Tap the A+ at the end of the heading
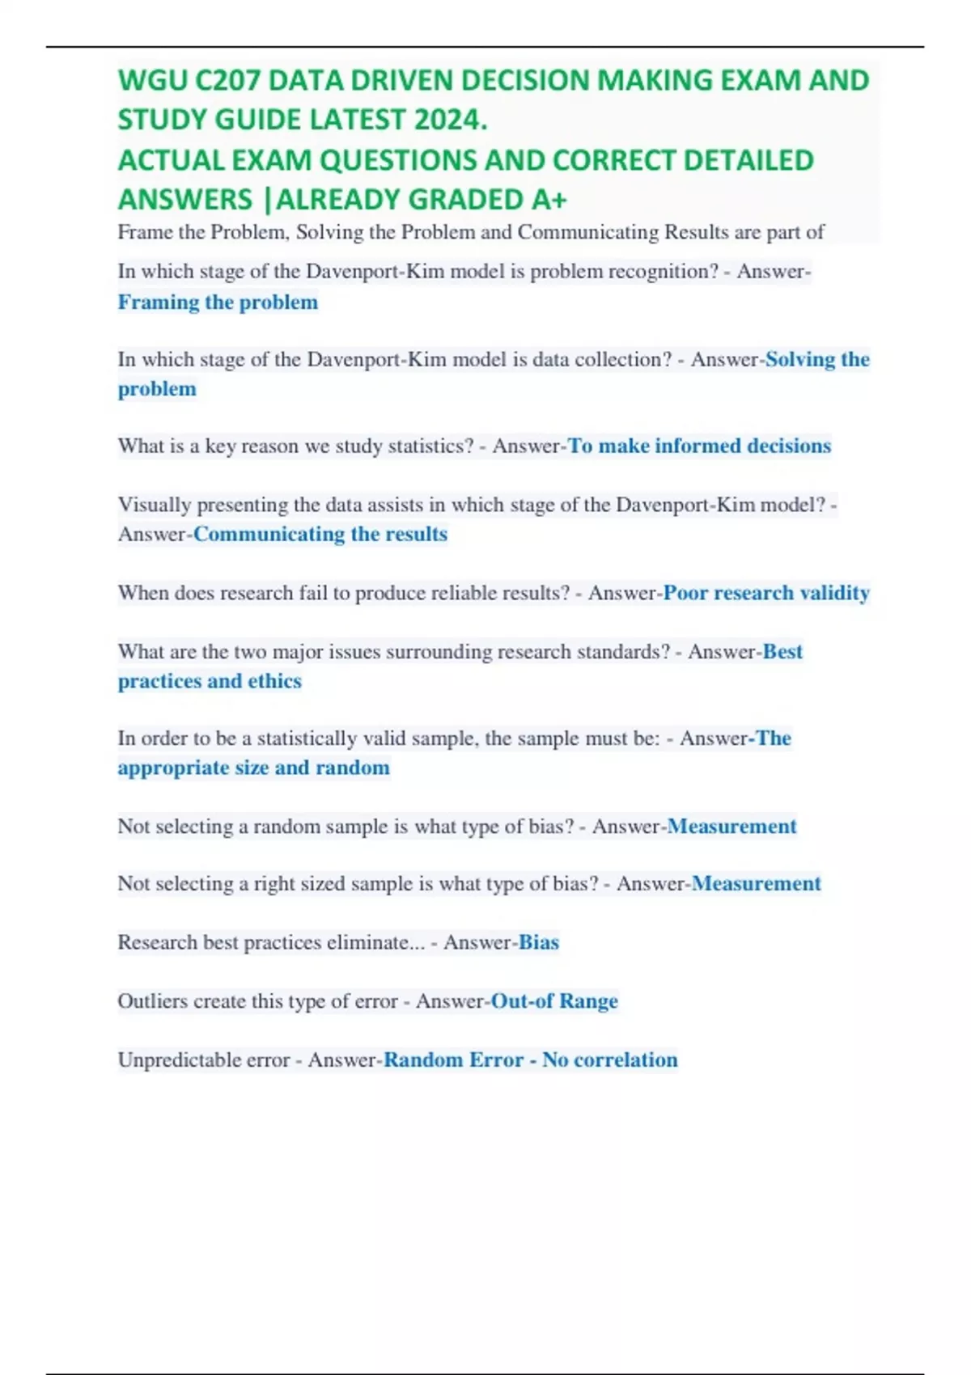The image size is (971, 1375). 549,199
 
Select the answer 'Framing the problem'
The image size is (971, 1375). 218,302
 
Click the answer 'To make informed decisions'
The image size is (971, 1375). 699,446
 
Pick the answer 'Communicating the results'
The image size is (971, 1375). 320,534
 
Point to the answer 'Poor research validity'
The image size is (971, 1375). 766,593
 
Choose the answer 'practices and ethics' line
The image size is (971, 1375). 210,681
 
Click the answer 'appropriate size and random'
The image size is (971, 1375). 253,768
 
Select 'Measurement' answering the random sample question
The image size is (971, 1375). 731,826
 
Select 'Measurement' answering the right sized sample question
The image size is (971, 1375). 756,883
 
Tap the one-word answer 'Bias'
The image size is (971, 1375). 538,942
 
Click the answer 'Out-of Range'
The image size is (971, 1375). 554,1001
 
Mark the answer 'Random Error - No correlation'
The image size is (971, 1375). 530,1060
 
